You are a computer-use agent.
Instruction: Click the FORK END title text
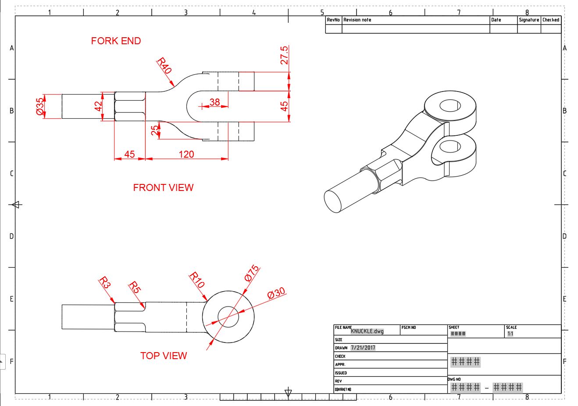[116, 41]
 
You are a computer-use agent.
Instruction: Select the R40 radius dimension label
[164, 65]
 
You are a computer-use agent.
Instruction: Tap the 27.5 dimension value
[284, 55]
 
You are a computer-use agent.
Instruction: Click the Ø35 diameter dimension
[40, 106]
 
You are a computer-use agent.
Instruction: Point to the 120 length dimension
[186, 154]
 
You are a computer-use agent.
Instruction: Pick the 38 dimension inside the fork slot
[214, 102]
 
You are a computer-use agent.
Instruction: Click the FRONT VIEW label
[163, 187]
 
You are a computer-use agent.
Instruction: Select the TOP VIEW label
[164, 356]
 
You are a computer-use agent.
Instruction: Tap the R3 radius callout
[104, 282]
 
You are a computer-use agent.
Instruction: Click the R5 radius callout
[135, 288]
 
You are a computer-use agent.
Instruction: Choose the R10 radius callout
[197, 280]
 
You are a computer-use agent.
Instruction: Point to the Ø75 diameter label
[252, 273]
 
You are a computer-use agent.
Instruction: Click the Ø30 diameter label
[276, 293]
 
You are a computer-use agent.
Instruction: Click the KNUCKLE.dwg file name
[367, 331]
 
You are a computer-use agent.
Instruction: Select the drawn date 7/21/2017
[363, 348]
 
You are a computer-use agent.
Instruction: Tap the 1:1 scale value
[510, 334]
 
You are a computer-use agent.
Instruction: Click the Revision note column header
[357, 20]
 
